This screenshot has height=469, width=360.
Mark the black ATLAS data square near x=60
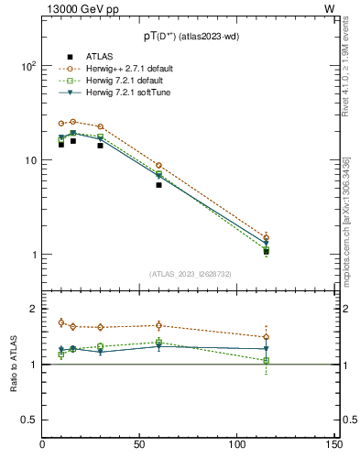point(158,185)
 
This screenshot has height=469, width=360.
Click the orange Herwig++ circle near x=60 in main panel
point(158,166)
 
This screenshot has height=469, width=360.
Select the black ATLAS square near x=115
point(266,251)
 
